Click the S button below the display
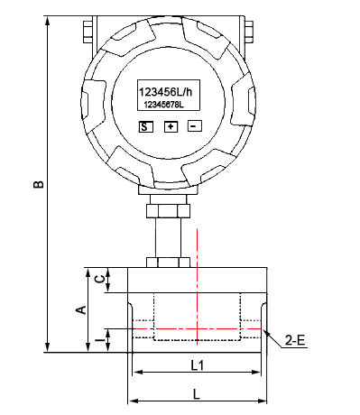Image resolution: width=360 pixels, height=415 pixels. pos(145,126)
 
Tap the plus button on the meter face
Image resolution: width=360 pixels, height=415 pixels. pos(171,126)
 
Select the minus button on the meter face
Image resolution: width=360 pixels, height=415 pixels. pos(194,126)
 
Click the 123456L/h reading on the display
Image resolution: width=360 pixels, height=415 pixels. pos(165,92)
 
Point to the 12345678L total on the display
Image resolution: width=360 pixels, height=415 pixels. pos(164,105)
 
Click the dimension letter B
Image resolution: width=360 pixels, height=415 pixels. pos(39,184)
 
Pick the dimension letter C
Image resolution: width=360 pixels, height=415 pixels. pos(100,279)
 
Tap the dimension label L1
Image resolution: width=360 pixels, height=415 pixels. pos(198,365)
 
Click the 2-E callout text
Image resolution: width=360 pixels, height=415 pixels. pos(295,340)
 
